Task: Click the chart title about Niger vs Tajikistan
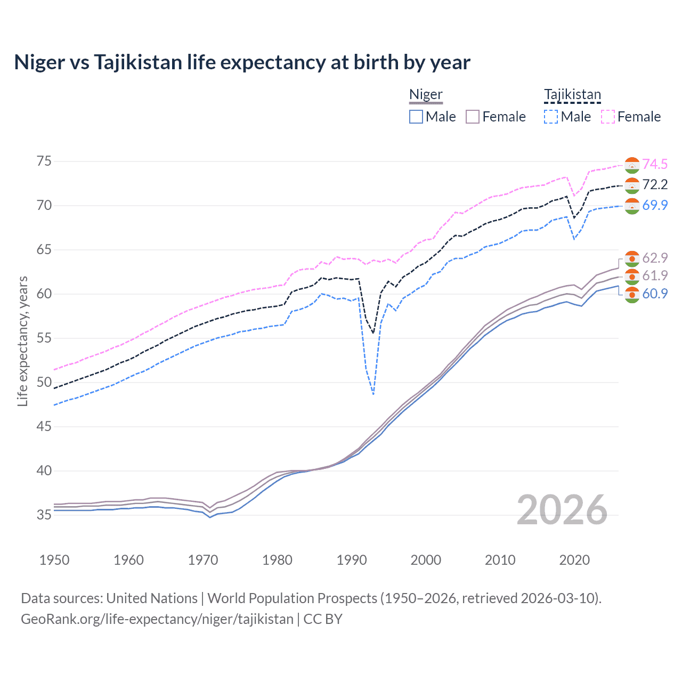[x=242, y=62]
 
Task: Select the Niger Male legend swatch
[x=416, y=117]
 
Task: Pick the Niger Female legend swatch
[x=473, y=117]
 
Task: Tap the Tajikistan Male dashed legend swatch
[x=551, y=117]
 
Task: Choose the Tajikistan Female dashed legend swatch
[x=607, y=117]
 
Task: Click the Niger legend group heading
[x=426, y=95]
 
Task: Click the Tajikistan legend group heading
[x=572, y=95]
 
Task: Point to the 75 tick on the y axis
[x=44, y=161]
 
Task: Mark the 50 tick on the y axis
[x=44, y=383]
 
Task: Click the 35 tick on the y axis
[x=44, y=515]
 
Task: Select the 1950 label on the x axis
[x=54, y=560]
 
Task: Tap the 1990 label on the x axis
[x=352, y=560]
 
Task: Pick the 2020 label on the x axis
[x=574, y=560]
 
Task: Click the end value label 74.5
[x=655, y=165]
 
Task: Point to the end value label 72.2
[x=655, y=185]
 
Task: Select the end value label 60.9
[x=655, y=294]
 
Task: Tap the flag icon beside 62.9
[x=632, y=258]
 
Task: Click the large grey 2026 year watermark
[x=562, y=510]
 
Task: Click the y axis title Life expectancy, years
[x=22, y=341]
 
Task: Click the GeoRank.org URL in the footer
[x=157, y=619]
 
